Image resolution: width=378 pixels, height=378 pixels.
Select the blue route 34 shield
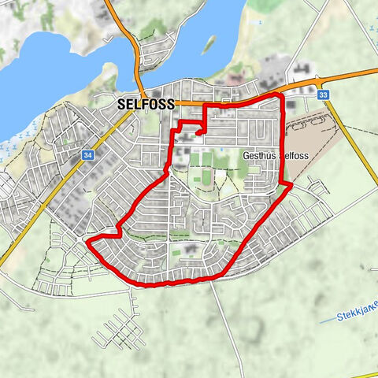87,155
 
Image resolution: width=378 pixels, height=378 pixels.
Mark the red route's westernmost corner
87,239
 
